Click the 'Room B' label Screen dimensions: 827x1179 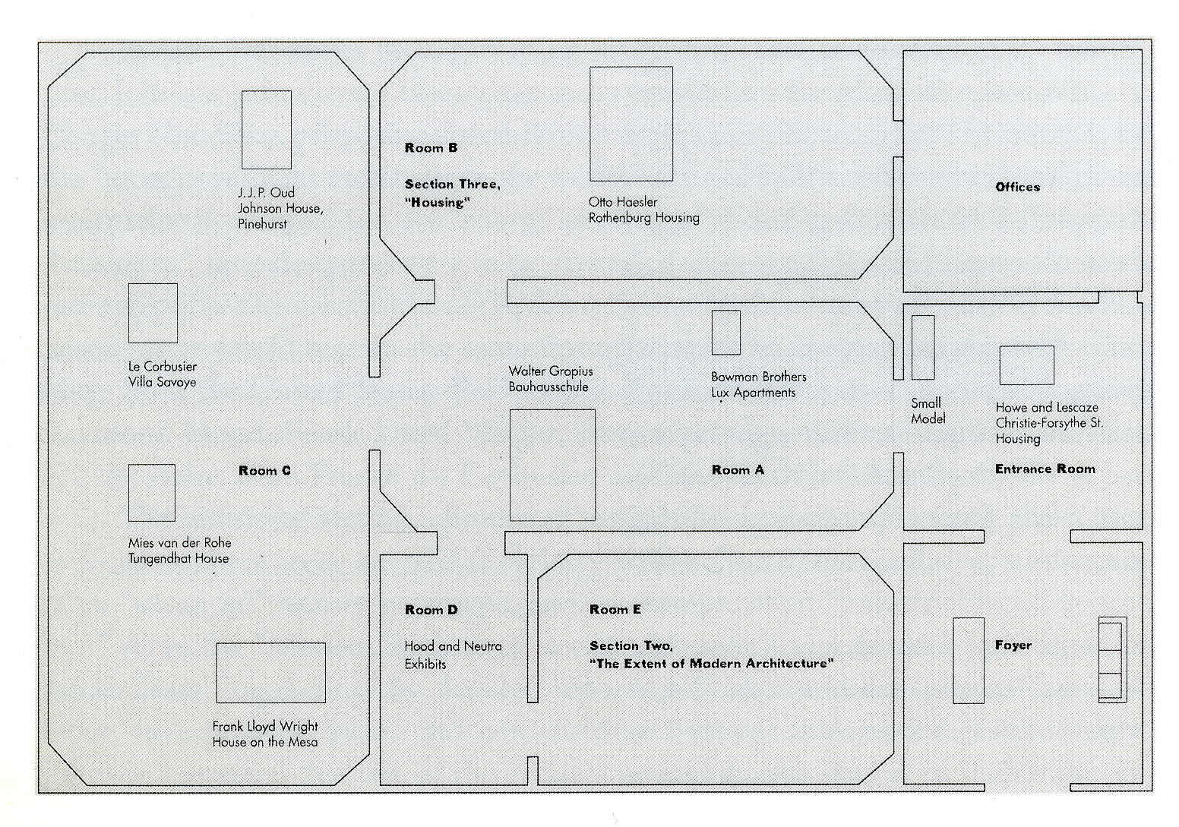(431, 148)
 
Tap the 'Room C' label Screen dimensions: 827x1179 (264, 471)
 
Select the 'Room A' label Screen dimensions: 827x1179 (738, 470)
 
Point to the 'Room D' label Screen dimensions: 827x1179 (431, 610)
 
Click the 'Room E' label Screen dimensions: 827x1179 (615, 610)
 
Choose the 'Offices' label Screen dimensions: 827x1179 (1017, 187)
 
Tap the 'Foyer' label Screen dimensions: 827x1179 (1013, 646)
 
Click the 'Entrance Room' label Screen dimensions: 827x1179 (1045, 469)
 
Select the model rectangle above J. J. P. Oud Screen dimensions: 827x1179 (267, 130)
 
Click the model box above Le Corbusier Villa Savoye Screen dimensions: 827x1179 (153, 313)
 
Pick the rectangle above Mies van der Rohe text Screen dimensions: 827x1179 (152, 493)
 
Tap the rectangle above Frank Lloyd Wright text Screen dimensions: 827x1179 (270, 673)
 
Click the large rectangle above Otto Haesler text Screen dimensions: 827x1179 (631, 124)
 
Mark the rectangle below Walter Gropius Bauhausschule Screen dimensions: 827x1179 (552, 465)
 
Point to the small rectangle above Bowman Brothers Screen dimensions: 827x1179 (725, 333)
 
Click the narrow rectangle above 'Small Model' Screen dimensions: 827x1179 (923, 347)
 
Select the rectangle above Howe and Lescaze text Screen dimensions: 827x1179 (1026, 365)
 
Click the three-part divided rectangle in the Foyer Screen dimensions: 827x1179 (1111, 660)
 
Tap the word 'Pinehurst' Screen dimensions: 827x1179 (263, 225)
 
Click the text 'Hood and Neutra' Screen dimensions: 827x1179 (453, 646)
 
